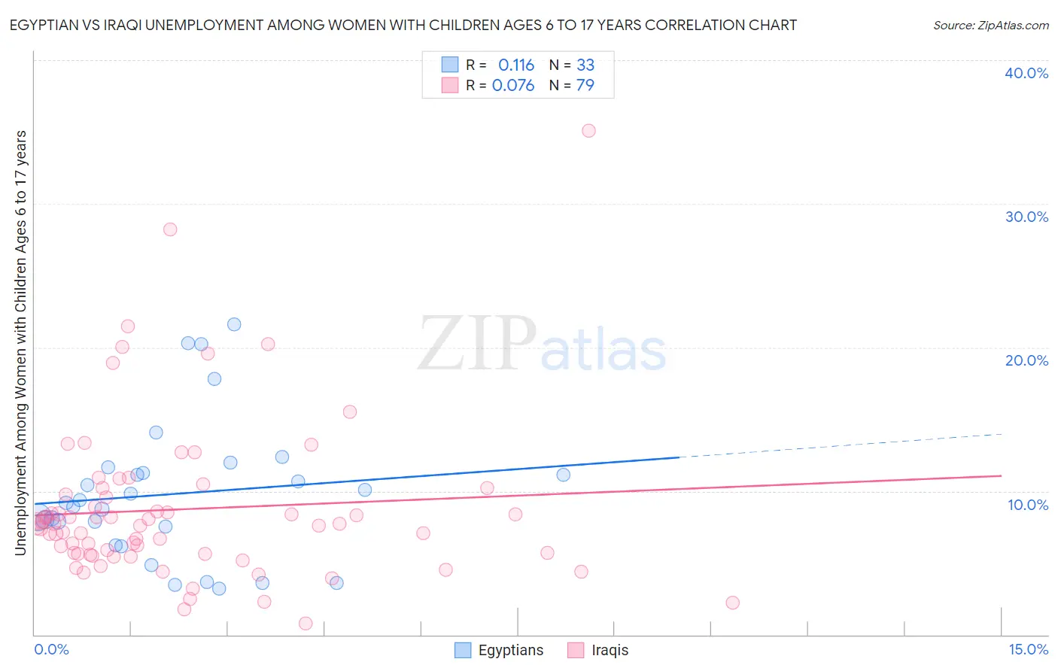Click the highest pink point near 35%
pos(588,131)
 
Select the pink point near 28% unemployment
pos(170,229)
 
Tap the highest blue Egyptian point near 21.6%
pos(234,324)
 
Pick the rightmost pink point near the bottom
pos(732,603)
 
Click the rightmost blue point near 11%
pos(563,475)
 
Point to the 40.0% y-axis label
pos(1026,73)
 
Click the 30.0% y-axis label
pos(1026,217)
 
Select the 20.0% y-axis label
pos(1026,360)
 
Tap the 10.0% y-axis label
pos(1026,505)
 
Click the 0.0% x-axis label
pos(51,650)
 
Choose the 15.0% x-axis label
pos(1028,650)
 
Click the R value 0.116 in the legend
pos(516,65)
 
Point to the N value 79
pos(585,86)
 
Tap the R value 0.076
pos(513,86)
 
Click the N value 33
pos(585,65)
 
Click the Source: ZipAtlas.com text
pos(990,26)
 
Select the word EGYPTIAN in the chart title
pos(45,26)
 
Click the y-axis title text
pos(21,343)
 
